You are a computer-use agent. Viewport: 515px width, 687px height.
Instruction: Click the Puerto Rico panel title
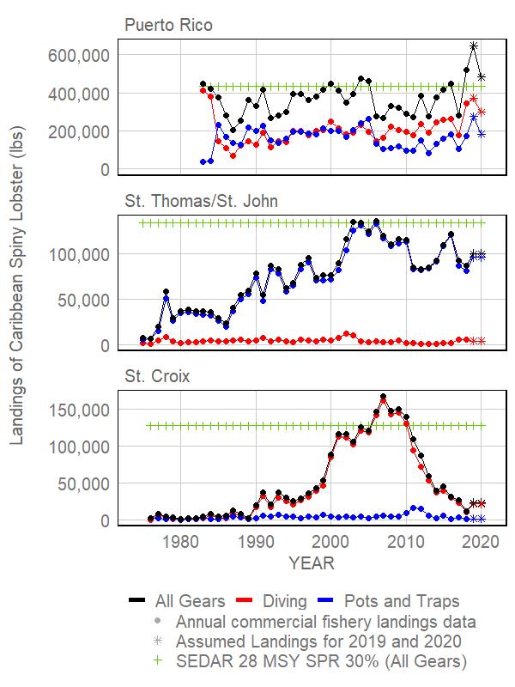point(168,25)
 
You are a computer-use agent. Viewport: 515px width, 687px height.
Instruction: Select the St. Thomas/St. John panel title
point(201,201)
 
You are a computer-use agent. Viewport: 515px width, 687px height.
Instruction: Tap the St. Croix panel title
point(157,376)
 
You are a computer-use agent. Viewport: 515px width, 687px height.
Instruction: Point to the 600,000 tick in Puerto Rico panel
point(79,56)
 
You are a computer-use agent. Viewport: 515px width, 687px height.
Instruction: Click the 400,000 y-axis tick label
point(79,94)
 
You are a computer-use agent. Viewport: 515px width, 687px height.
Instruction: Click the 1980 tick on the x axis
point(181,542)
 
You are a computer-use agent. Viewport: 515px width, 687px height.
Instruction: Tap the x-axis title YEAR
point(312,563)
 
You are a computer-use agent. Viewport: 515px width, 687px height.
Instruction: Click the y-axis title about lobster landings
point(16,286)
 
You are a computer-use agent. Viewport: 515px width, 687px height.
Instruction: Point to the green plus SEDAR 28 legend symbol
point(158,660)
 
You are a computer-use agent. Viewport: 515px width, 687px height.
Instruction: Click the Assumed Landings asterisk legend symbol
point(158,641)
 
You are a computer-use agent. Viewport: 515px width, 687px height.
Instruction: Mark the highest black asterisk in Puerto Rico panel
point(474,46)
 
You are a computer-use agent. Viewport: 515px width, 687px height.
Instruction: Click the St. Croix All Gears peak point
point(383,397)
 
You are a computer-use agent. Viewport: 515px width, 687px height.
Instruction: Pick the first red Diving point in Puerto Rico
point(203,90)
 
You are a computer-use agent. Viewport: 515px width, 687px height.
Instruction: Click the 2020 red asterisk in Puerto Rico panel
point(482,112)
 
